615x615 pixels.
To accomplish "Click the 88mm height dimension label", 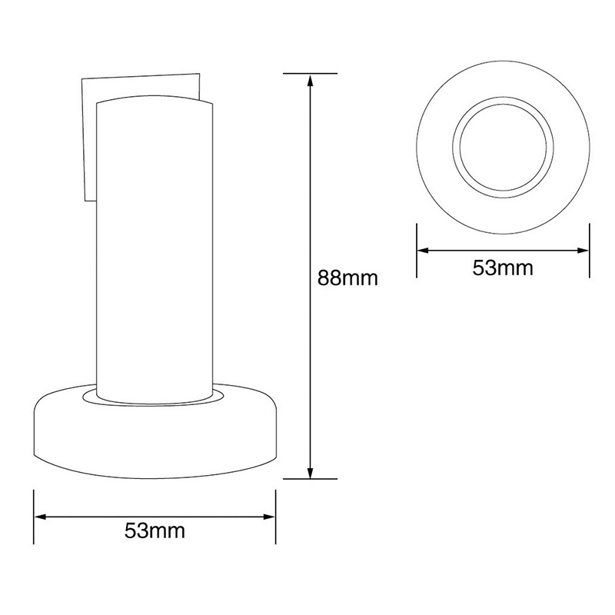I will point(347,278).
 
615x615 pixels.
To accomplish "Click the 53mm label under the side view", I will point(155,530).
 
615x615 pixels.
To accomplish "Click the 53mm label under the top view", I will point(503,268).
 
